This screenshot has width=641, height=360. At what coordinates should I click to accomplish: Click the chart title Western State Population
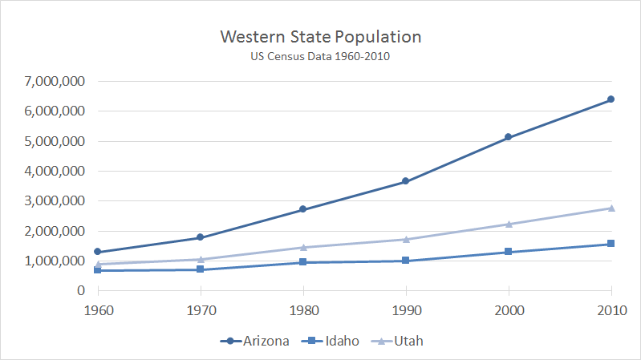[x=320, y=38]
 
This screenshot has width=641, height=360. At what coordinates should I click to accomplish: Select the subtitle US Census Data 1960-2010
[x=320, y=57]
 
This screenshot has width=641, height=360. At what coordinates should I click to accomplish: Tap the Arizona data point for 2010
[x=611, y=99]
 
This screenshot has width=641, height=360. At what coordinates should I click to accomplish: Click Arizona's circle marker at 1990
[x=405, y=181]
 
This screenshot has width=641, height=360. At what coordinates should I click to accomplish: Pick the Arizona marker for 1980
[x=302, y=209]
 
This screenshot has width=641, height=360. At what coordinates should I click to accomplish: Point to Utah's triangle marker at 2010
[x=611, y=208]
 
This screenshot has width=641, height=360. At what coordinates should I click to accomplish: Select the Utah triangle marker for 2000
[x=508, y=224]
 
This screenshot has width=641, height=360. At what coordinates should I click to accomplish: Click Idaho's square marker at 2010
[x=611, y=244]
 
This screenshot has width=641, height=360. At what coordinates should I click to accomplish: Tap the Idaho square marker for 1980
[x=302, y=262]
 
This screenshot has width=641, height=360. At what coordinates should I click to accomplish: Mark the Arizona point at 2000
[x=508, y=138]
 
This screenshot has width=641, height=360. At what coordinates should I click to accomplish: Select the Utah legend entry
[x=399, y=341]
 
